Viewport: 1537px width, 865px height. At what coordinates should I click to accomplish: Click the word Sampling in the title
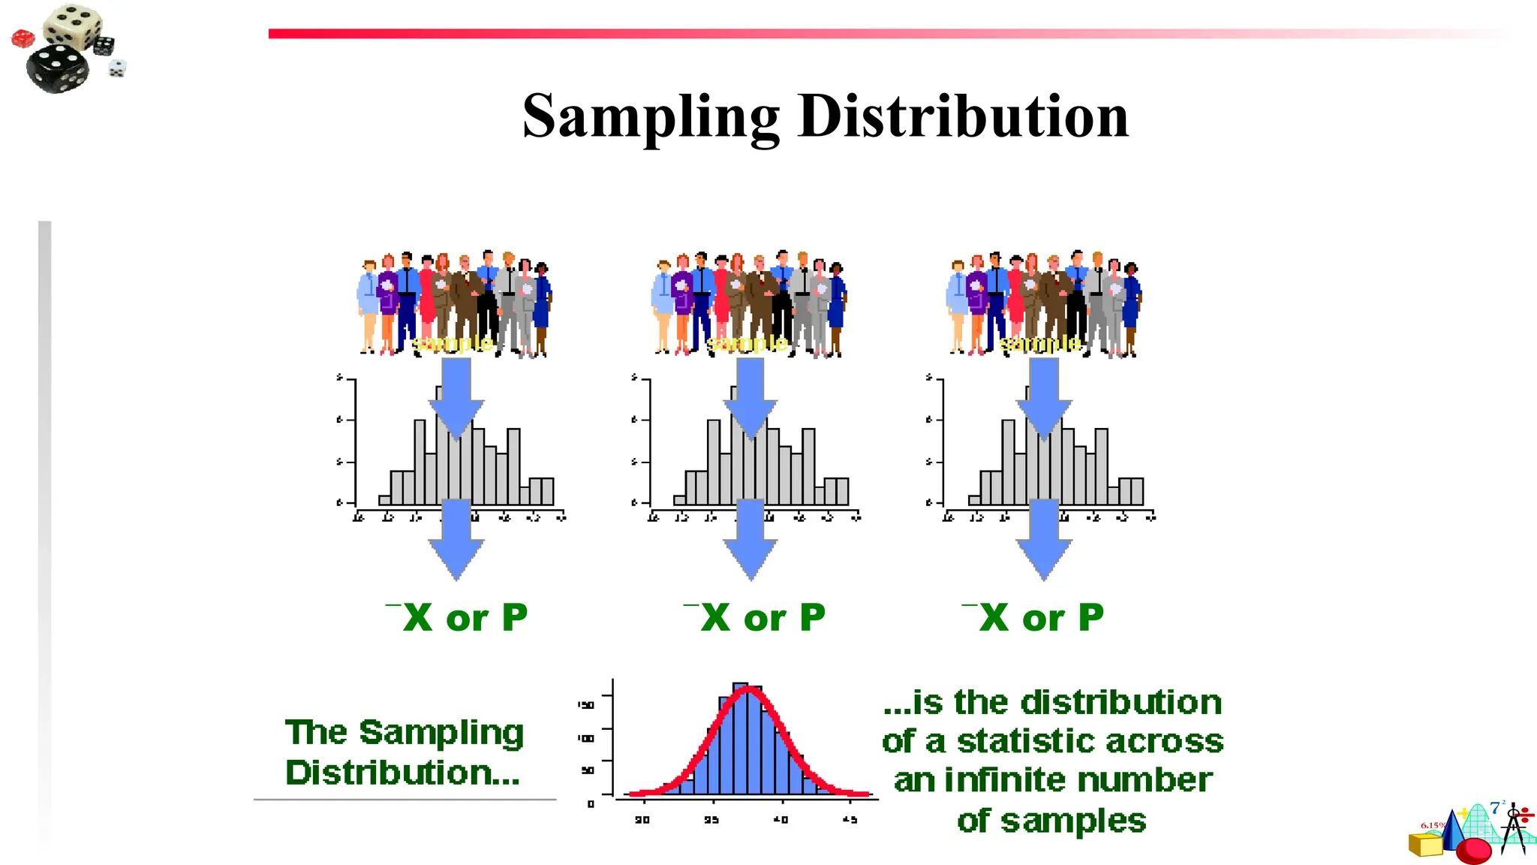pyautogui.click(x=651, y=117)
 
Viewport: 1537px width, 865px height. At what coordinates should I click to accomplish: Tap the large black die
pyautogui.click(x=57, y=68)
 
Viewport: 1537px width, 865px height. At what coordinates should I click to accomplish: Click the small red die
pyautogui.click(x=23, y=38)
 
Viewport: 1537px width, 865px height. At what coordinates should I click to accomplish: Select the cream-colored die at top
pyautogui.click(x=73, y=24)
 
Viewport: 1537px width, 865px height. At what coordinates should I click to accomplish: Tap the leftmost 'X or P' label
pyautogui.click(x=457, y=619)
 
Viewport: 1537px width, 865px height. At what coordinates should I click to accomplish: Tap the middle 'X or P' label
pyautogui.click(x=754, y=619)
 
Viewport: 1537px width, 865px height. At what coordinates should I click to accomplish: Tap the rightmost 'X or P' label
pyautogui.click(x=1033, y=619)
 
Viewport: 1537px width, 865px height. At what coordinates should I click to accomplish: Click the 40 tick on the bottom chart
pyautogui.click(x=781, y=820)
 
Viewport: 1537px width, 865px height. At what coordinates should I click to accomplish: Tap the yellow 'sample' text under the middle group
pyautogui.click(x=747, y=344)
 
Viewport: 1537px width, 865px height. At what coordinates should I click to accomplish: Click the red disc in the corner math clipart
pyautogui.click(x=1473, y=851)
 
